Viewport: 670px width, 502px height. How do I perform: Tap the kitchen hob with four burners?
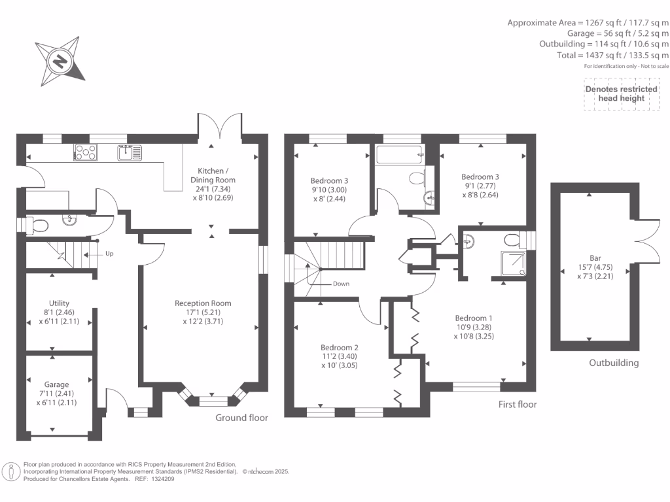tap(86, 152)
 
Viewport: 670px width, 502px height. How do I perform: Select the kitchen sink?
tap(130, 153)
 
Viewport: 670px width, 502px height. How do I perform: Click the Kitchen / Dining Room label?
tap(213, 184)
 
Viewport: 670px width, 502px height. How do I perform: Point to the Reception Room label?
tap(203, 312)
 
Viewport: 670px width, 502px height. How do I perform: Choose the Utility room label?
tap(59, 312)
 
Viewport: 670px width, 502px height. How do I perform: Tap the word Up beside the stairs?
tap(109, 254)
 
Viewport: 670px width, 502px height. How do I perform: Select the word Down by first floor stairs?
tap(341, 284)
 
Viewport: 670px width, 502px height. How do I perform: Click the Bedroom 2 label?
tap(340, 356)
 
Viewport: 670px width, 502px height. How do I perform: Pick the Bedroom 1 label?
tap(474, 327)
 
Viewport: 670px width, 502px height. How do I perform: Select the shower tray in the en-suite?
tap(513, 263)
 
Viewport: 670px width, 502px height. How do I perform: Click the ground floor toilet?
tap(37, 225)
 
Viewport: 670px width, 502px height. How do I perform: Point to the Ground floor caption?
tap(241, 418)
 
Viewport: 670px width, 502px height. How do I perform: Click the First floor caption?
tap(518, 404)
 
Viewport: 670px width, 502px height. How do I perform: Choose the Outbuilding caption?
tap(614, 363)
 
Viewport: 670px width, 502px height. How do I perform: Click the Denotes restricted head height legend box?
tap(622, 94)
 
